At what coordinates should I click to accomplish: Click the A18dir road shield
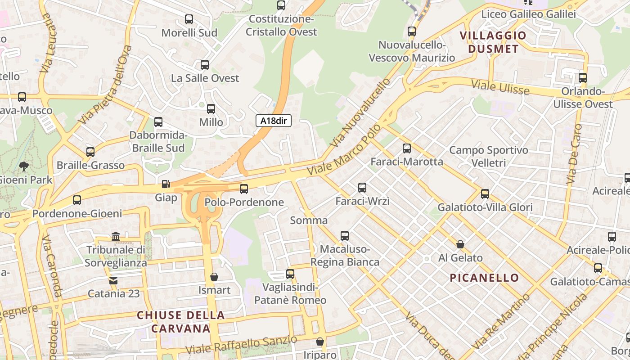[274, 121]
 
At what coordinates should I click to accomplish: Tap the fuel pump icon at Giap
[166, 184]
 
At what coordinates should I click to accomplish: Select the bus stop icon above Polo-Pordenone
[244, 189]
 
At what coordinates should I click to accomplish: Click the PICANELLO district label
[485, 278]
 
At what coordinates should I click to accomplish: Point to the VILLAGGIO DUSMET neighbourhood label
[493, 42]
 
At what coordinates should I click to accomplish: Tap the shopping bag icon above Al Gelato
[460, 244]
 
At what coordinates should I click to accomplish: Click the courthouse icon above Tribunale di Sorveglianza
[116, 236]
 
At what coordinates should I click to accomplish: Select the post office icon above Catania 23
[113, 280]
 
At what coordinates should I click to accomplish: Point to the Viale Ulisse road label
[500, 87]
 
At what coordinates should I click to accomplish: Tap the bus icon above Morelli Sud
[189, 19]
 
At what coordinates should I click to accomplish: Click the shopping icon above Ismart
[214, 276]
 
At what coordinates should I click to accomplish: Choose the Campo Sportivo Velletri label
[488, 156]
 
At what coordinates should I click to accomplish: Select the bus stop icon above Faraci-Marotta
[407, 148]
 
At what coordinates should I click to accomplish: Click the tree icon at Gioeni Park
[23, 166]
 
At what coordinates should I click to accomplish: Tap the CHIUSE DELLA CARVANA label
[180, 322]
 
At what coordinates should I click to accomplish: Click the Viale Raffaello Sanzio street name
[241, 344]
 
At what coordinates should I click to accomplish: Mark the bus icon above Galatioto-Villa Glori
[485, 194]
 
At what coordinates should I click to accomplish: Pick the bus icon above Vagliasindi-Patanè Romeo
[290, 274]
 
